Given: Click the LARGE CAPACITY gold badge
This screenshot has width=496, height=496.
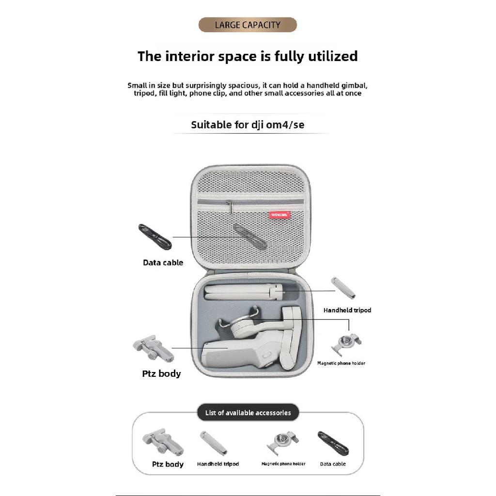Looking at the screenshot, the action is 248,25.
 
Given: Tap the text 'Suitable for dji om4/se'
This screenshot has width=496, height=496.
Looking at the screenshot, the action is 248,124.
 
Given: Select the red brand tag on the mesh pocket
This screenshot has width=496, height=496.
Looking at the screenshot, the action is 280,215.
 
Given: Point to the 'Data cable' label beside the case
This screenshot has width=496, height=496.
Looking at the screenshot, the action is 163,263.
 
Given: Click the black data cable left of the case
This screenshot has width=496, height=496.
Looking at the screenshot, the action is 155,237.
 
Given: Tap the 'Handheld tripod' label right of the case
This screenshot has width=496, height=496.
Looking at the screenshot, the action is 347,310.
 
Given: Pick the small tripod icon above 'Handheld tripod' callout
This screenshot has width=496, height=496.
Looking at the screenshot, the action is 343,288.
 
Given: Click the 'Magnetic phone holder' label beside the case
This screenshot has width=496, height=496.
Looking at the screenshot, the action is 341,363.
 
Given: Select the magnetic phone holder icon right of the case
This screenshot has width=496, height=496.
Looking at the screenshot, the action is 346,344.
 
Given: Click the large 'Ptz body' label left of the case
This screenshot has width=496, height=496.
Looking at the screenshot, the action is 161,373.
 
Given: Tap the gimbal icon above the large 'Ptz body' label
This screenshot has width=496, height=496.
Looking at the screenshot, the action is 154,349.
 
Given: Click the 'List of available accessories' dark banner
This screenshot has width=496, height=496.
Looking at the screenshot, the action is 248,413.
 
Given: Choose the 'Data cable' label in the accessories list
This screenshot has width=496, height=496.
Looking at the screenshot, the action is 333,464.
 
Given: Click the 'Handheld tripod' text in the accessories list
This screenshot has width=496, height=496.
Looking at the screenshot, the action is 218,464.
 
